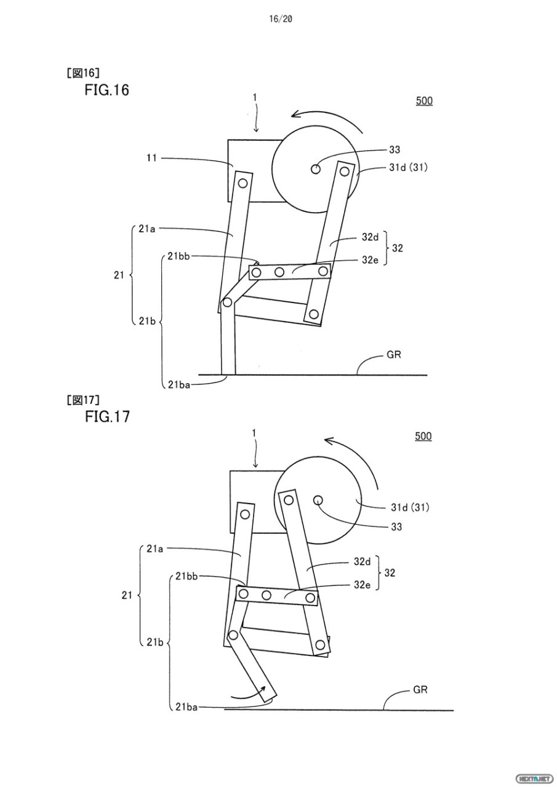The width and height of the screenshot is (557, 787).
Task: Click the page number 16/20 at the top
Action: (280, 19)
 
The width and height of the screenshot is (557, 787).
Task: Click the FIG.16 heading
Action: (107, 90)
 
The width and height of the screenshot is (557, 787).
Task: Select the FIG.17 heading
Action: (107, 416)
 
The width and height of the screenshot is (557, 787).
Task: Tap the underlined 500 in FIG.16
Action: (424, 101)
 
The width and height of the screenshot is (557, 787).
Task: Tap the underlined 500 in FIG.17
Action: (423, 437)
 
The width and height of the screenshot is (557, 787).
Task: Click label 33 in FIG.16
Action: (395, 149)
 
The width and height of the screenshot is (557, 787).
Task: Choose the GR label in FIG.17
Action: (420, 690)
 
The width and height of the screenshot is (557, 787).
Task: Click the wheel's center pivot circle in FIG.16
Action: (316, 168)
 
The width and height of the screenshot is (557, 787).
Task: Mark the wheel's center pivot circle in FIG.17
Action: (318, 500)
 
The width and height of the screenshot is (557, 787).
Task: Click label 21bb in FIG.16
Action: (178, 256)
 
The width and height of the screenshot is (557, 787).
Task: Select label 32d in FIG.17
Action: (362, 561)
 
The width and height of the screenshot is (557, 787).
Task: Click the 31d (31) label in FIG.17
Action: (410, 508)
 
